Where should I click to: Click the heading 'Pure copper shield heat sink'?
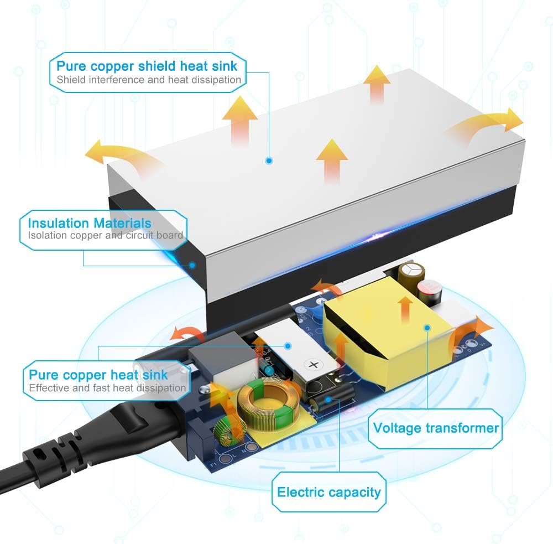point(147,66)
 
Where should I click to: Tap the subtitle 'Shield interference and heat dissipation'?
point(149,80)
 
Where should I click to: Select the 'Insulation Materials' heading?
point(90,223)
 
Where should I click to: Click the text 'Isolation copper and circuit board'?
point(106,235)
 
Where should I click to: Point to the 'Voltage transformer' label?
point(436,428)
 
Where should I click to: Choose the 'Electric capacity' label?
point(328,492)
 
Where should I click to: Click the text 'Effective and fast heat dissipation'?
point(107,388)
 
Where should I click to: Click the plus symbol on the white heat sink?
point(313,364)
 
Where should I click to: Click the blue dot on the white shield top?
point(269,160)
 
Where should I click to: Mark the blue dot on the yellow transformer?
point(427,328)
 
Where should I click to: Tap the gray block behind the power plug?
point(223,356)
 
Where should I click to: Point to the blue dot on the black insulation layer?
point(192,265)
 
